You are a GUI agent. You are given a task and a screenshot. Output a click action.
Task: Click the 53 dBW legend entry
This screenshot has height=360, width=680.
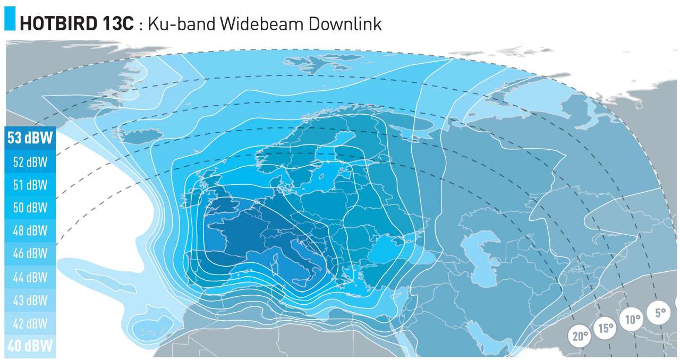click(x=30, y=139)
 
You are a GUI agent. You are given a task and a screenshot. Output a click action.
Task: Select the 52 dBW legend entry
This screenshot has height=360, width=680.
click(x=30, y=162)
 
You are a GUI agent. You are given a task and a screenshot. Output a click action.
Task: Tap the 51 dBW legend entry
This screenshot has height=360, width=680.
click(x=30, y=185)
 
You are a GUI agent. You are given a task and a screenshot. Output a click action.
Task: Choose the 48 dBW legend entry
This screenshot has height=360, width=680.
click(x=30, y=231)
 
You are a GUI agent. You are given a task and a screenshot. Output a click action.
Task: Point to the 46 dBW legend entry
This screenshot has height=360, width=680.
click(x=30, y=254)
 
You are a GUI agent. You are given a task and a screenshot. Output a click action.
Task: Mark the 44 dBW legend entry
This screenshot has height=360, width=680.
click(x=30, y=277)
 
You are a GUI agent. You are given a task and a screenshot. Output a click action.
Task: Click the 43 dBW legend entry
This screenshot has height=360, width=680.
click(x=30, y=300)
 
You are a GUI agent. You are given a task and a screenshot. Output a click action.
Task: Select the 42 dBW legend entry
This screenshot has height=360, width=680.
click(x=30, y=323)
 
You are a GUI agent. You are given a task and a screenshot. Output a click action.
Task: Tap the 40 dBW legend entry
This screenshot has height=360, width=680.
click(x=30, y=346)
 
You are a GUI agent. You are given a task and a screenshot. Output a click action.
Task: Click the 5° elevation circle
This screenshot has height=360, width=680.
click(x=660, y=313)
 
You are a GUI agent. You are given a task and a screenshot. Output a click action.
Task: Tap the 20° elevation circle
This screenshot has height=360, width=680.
click(x=580, y=336)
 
